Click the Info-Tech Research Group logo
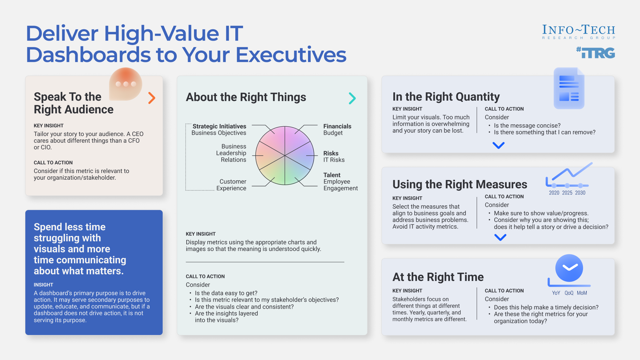tap(578, 32)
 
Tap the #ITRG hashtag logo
tap(596, 53)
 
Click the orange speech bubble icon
tap(126, 84)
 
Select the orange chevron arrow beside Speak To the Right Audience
tap(152, 98)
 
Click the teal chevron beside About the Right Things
tap(352, 98)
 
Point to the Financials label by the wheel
tap(337, 126)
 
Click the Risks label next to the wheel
tap(331, 153)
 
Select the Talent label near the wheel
tap(332, 175)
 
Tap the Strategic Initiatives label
tap(219, 126)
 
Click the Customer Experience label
tap(232, 185)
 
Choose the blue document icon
tap(569, 88)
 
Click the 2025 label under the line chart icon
tap(567, 193)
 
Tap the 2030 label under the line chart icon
tap(580, 193)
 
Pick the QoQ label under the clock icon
tap(569, 293)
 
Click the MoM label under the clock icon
tap(582, 293)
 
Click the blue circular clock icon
tap(569, 268)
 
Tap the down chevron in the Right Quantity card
tap(498, 145)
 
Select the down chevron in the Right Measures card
tap(500, 237)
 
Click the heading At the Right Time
tap(438, 277)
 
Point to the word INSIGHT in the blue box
tap(43, 285)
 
